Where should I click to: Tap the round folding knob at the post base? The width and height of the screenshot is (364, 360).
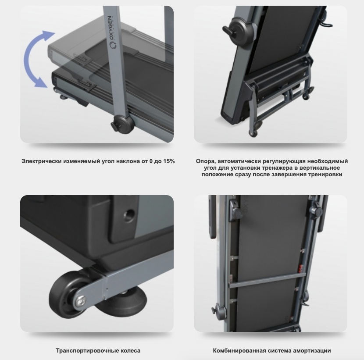click(x=122, y=124)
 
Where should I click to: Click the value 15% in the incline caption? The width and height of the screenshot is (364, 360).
click(x=169, y=161)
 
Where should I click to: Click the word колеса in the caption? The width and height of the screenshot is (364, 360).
click(x=130, y=350)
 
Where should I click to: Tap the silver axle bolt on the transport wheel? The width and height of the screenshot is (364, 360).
click(x=81, y=301)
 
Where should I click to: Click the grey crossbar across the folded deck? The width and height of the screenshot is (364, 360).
click(x=268, y=280)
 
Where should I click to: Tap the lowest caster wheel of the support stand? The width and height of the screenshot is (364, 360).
click(x=253, y=133)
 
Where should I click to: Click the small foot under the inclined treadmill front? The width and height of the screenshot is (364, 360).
click(x=63, y=96)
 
